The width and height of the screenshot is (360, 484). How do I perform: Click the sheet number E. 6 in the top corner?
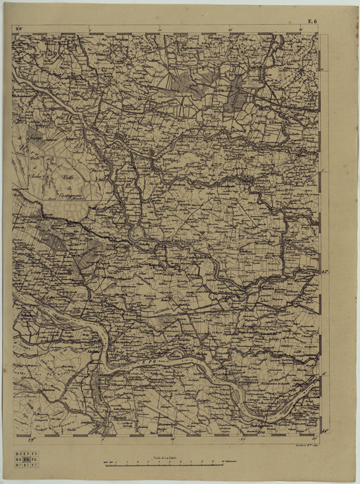[x=312, y=21]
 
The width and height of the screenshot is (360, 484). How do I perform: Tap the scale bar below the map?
[x=161, y=463]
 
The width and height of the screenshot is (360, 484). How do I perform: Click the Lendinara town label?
[x=256, y=178]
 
